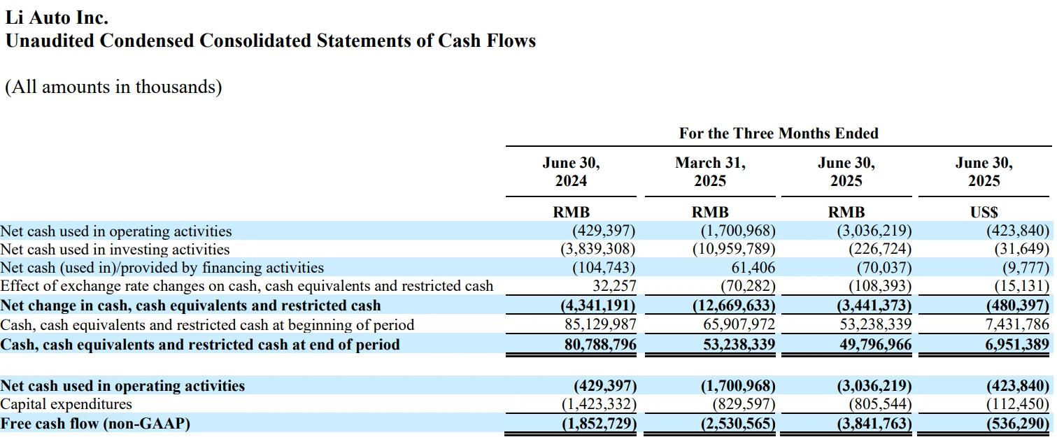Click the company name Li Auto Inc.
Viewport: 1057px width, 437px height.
[57, 17]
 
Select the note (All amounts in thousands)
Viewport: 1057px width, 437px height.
[113, 87]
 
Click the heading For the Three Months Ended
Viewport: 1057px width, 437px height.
[779, 133]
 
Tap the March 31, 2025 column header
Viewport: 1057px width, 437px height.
[710, 172]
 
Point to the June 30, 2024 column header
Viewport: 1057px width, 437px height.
[571, 172]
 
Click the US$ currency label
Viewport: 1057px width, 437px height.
[984, 213]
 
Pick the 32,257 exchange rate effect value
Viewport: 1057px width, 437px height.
[613, 285]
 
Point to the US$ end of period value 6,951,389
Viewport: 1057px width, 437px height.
[1015, 345]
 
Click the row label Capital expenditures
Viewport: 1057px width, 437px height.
[66, 404]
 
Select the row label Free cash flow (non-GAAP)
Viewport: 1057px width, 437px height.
[95, 424]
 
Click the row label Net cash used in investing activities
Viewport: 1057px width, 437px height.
[115, 249]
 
